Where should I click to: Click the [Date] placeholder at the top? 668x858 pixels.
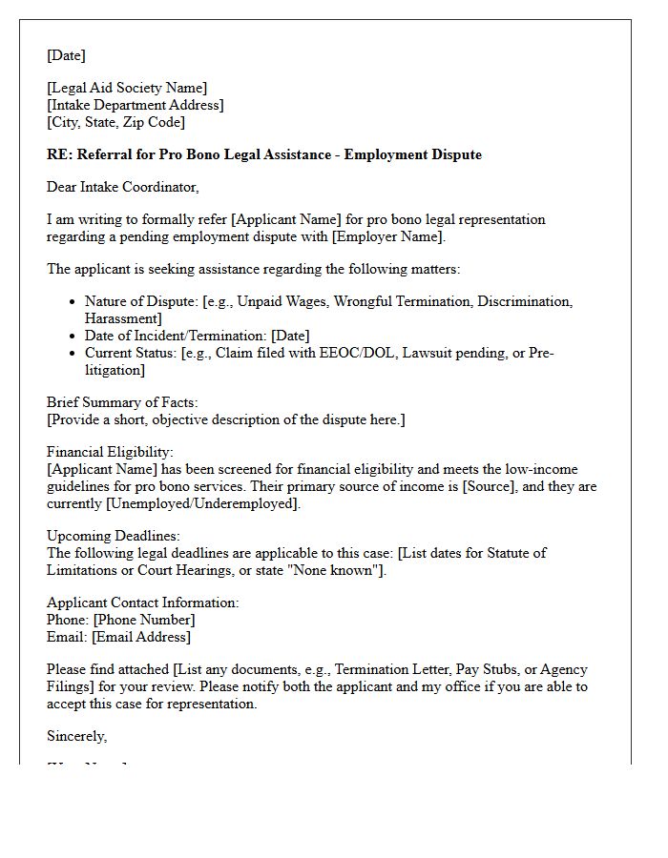click(x=66, y=55)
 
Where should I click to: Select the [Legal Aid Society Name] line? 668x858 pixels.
click(x=127, y=89)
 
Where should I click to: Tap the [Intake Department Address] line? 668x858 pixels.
click(x=136, y=106)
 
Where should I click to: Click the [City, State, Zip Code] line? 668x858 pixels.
click(x=115, y=123)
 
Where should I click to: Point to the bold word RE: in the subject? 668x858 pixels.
click(x=59, y=154)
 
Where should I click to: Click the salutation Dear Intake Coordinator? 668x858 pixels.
click(x=123, y=188)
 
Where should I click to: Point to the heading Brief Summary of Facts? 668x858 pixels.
click(x=122, y=403)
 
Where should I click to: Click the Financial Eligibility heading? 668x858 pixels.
click(x=111, y=453)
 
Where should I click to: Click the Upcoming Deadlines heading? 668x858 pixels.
click(x=114, y=537)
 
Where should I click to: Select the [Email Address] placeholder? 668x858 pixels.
click(x=141, y=637)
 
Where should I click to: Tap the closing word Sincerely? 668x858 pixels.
click(x=76, y=736)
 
